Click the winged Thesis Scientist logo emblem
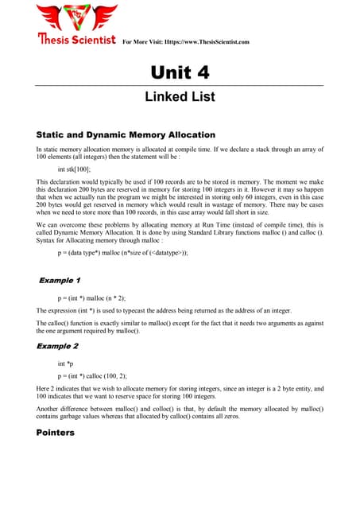coord(76,17)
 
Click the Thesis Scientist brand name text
coord(76,39)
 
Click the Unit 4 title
coord(180,72)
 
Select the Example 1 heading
coord(60,280)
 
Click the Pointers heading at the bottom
coord(56,433)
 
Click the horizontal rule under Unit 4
coord(180,85)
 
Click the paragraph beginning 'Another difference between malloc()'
coord(180,412)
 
